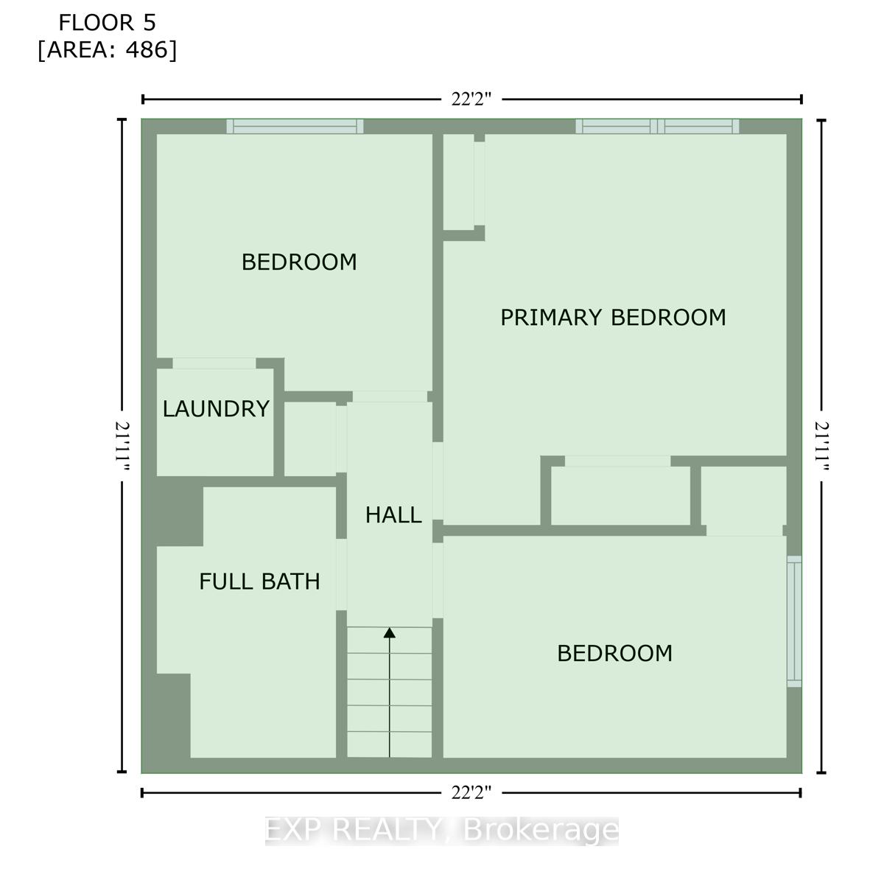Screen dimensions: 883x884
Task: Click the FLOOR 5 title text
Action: coord(107,23)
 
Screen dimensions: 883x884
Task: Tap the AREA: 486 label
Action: coord(108,50)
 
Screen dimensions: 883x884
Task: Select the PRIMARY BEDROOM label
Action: coord(613,318)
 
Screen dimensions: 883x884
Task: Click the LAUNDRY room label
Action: coord(215,409)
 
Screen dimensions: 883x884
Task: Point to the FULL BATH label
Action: coord(259,582)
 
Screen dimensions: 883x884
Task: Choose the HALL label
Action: coord(393,514)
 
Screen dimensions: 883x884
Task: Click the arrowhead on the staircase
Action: coord(390,632)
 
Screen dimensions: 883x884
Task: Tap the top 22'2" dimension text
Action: coord(471,100)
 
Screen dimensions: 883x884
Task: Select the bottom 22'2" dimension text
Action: coord(471,793)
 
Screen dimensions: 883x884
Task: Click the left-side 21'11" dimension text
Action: coord(122,447)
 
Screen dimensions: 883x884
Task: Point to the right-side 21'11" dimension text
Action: coord(821,447)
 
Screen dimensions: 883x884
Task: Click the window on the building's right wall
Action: coord(794,621)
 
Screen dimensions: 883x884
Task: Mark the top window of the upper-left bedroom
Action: coord(295,126)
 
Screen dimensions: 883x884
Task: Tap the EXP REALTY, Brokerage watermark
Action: coord(442,831)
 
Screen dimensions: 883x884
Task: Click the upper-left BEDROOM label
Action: coord(299,262)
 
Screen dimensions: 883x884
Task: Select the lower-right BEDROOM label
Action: coord(614,653)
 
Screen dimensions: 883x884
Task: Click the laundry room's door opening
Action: coord(214,363)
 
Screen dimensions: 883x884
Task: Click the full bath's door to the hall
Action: coord(341,574)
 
